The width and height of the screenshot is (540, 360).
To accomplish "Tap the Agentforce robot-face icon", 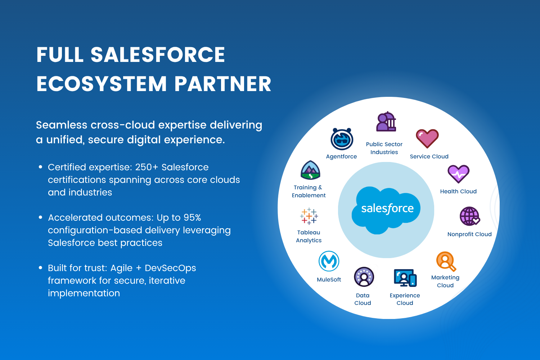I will click(x=342, y=139).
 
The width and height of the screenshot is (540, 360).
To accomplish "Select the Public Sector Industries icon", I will click(x=386, y=122).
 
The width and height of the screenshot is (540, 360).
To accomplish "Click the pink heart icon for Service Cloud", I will click(x=427, y=139).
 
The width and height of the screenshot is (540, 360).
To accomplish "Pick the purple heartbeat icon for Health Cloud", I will click(x=458, y=174).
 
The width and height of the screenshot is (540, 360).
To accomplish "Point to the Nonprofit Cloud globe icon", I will click(x=470, y=216).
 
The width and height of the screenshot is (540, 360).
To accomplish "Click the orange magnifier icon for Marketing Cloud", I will click(x=446, y=261).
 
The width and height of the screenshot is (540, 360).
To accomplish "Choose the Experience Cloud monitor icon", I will click(x=405, y=278).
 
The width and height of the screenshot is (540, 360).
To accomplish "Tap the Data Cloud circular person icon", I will click(x=364, y=277).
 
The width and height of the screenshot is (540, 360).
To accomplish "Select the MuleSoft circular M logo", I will click(x=329, y=261).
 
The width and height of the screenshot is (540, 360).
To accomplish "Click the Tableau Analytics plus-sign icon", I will click(x=309, y=216).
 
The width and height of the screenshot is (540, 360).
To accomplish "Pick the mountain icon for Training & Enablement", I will click(x=310, y=170).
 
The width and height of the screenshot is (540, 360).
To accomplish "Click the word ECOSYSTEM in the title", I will click(x=102, y=84).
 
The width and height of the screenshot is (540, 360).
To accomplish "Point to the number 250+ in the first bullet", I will click(x=147, y=167).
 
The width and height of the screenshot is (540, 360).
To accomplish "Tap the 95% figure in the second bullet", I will click(x=192, y=218).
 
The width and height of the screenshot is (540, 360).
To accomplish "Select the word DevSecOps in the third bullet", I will click(x=170, y=268).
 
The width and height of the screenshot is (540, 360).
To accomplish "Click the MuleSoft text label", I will click(x=329, y=280).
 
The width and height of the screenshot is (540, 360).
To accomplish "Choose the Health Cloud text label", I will click(x=458, y=192).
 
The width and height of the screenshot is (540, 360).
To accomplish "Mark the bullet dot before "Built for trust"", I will click(x=40, y=268).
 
